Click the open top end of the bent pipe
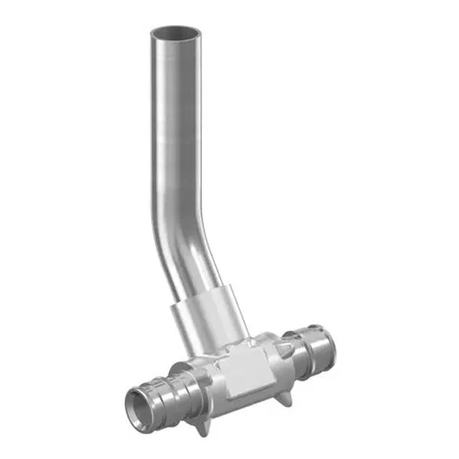coord(175,34)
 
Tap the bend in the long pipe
coord(179,222)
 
